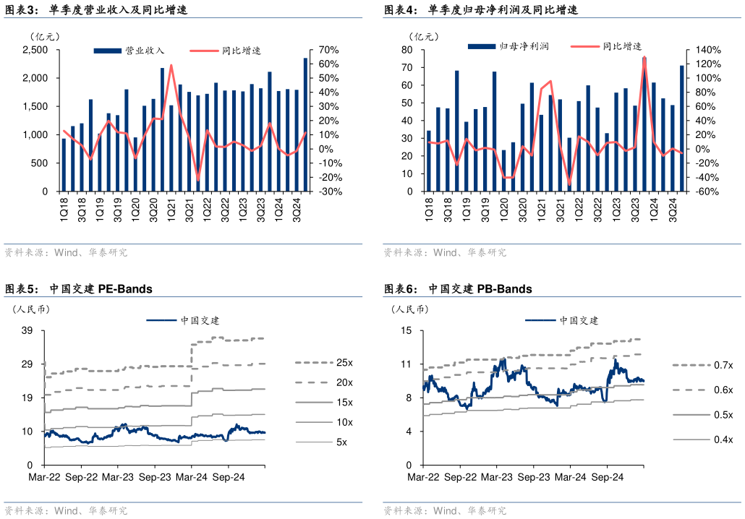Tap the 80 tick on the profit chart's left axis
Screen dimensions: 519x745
click(406, 50)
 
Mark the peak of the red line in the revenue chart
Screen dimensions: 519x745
click(171, 65)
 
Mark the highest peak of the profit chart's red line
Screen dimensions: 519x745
click(644, 58)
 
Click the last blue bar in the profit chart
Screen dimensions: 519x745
click(681, 128)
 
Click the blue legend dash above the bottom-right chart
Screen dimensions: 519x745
click(540, 319)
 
